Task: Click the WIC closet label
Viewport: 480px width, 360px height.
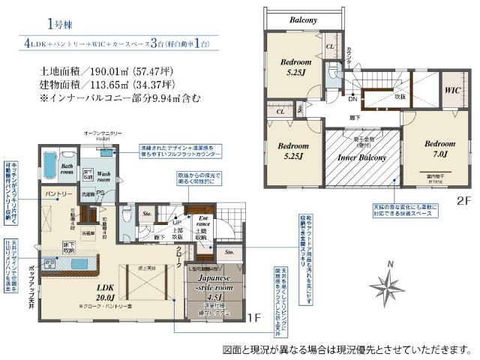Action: (452, 91)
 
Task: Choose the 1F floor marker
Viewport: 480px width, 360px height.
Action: (253, 318)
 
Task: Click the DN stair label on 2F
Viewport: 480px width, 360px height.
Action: (352, 98)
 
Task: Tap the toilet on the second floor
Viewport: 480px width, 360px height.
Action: (332, 73)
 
